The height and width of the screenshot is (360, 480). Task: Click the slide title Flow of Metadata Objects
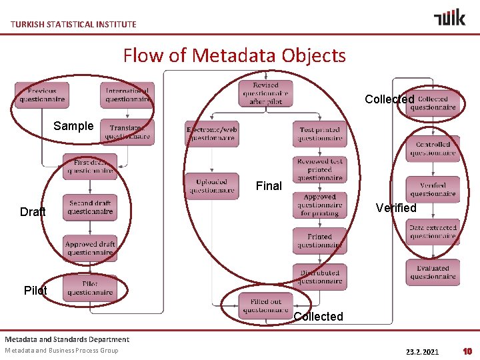pos(234,55)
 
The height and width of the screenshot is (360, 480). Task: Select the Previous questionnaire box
pos(42,95)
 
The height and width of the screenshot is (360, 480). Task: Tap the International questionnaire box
pos(127,95)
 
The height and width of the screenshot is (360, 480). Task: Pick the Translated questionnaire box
pos(127,132)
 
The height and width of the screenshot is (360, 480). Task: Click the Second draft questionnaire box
pos(90,207)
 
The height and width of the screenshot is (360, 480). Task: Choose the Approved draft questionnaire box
pos(90,248)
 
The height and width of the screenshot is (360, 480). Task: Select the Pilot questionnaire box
pos(90,288)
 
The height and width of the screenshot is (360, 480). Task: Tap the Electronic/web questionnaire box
pos(212,133)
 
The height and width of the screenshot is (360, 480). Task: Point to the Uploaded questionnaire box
pos(212,186)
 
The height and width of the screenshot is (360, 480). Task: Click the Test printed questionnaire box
pos(319,134)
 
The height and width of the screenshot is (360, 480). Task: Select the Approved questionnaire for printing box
pos(319,205)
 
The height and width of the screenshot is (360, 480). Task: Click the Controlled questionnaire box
pos(433,149)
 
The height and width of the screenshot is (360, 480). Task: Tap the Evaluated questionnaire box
pos(433,272)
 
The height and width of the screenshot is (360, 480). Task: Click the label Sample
pos(73,126)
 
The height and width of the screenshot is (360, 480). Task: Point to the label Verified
pos(396,208)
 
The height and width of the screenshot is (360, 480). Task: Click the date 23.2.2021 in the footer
pos(422,351)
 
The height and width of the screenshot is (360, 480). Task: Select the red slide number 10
pos(467,351)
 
